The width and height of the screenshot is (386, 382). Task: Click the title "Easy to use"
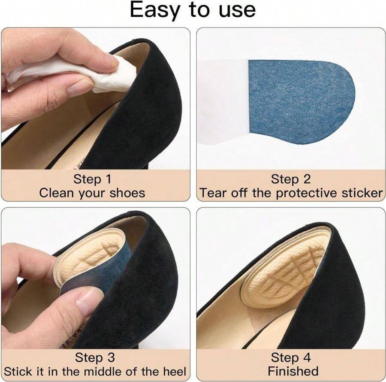click(x=193, y=10)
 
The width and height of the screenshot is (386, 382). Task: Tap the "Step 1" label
click(x=92, y=179)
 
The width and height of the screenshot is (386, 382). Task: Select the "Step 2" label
click(x=290, y=179)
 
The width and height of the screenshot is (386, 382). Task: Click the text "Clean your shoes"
click(x=92, y=193)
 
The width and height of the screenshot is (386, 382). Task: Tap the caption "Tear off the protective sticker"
click(x=291, y=193)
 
